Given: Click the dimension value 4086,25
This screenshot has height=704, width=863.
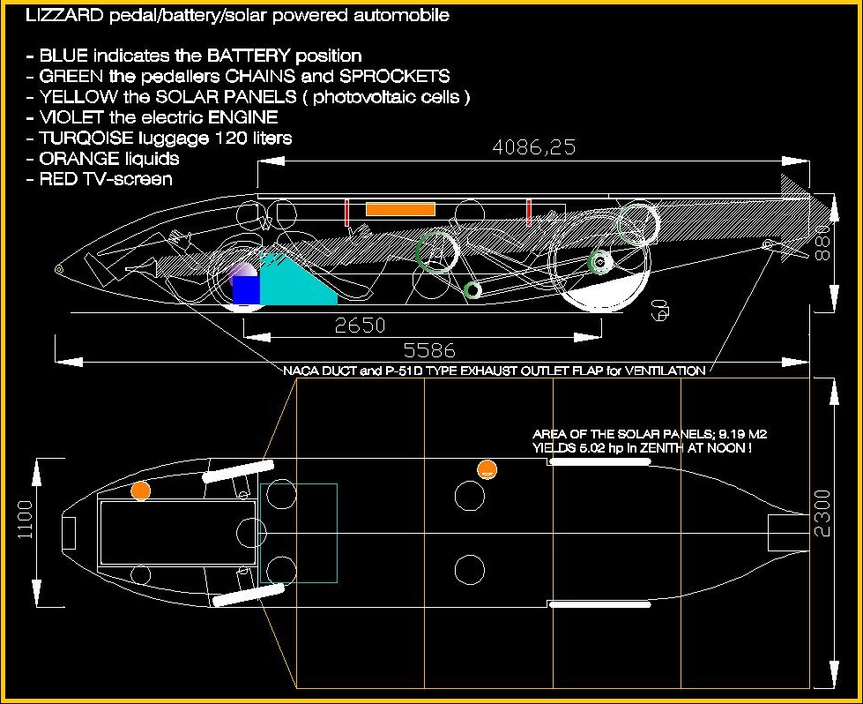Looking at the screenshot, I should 534,147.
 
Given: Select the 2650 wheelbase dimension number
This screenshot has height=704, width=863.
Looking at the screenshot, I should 361,326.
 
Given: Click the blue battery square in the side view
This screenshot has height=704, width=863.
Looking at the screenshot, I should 246,290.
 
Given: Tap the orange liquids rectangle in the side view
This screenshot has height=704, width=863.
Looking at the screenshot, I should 400,209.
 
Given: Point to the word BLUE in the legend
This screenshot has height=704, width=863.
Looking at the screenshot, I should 62,56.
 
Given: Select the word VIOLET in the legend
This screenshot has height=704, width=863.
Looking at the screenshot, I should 67,116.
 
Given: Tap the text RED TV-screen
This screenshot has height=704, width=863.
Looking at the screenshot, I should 106,179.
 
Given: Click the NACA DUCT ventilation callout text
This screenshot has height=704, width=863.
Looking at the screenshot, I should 494,371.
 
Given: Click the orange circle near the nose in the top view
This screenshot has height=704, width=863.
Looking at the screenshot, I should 140,491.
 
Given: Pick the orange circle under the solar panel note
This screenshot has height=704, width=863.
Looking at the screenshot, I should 485,469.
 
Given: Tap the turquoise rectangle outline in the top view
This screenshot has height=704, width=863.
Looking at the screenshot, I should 299,533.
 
